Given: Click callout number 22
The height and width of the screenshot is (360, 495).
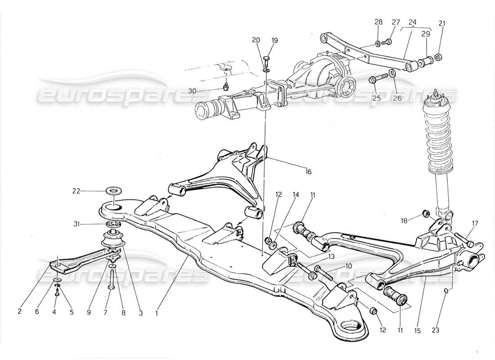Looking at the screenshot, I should point(76,191).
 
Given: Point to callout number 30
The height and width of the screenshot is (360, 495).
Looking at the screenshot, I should point(192,90).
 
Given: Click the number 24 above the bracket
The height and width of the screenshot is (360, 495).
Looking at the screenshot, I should point(412,22).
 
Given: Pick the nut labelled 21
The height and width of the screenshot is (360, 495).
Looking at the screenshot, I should point(440,57).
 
